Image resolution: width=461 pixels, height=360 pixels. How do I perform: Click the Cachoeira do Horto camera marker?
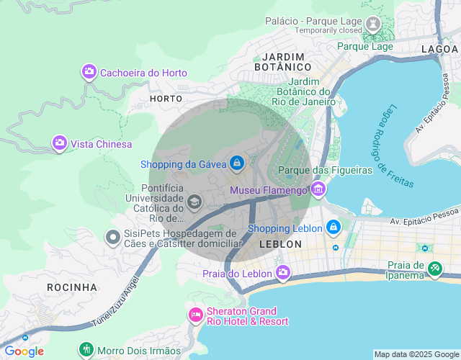tap(89, 72)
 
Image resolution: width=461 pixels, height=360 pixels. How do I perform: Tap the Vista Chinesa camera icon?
tap(60, 143)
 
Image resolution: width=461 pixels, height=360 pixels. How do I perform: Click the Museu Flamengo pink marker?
tap(318, 190)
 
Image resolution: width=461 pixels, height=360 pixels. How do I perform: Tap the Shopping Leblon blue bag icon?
tap(333, 228)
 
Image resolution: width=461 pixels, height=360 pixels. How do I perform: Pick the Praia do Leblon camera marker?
tap(282, 273)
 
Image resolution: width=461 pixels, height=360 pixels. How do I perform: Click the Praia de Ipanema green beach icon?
tap(435, 269)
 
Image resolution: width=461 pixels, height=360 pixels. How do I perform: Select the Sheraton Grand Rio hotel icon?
tap(195, 315)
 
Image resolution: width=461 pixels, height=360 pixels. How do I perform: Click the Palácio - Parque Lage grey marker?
tap(373, 24)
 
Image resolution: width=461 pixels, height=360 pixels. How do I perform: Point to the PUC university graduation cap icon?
tap(194, 202)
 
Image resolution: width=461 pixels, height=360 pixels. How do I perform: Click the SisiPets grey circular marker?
tap(112, 236)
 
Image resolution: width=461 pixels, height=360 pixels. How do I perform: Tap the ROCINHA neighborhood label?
tap(72, 287)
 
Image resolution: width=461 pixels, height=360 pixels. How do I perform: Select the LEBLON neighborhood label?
tap(280, 244)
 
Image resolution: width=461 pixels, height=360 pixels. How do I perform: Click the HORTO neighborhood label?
tap(166, 98)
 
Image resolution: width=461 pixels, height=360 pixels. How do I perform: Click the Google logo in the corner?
tap(24, 351)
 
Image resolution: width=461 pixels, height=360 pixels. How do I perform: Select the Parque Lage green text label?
tap(365, 46)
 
